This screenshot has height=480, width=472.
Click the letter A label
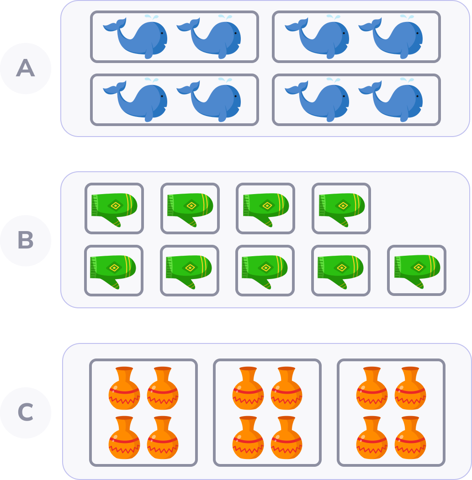[25, 69]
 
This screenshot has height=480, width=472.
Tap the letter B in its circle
[25, 241]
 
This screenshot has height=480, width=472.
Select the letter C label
[25, 412]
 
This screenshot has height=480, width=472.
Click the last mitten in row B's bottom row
[417, 270]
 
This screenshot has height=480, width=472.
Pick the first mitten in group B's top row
[114, 208]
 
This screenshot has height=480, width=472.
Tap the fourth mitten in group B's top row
[341, 208]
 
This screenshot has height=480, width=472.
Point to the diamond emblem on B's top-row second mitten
[191, 206]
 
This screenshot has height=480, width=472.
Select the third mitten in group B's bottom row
[265, 270]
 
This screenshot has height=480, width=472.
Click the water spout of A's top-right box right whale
[406, 17]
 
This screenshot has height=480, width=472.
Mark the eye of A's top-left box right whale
[235, 33]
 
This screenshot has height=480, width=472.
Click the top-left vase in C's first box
[124, 389]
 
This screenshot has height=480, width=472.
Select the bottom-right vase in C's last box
[410, 438]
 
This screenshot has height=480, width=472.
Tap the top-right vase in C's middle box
[286, 389]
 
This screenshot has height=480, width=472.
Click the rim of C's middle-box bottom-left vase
[248, 418]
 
